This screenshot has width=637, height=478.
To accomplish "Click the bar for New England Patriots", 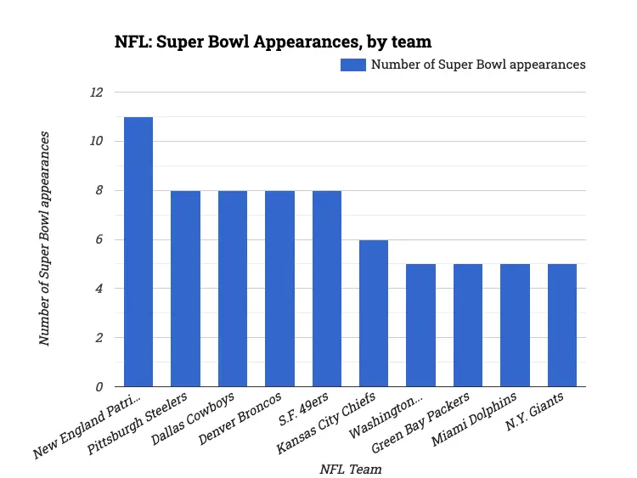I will [138, 252].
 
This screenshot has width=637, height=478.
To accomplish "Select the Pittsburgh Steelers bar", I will [185, 289].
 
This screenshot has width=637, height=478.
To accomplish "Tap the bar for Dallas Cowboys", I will [233, 289].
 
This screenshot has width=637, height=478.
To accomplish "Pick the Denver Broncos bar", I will [279, 289].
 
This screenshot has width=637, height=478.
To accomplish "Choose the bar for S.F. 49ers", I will [327, 289].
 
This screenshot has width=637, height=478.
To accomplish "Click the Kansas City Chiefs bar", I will [374, 313].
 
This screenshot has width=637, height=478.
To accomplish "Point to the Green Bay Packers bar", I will [468, 325].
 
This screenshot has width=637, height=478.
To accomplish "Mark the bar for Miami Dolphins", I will [515, 325].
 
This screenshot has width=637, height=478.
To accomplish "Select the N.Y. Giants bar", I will [562, 325].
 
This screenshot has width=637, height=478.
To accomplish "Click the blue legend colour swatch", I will [352, 65].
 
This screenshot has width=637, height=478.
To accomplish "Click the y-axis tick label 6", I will [99, 239].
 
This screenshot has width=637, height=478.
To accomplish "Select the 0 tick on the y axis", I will [99, 387].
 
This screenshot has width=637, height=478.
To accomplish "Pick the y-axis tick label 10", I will [96, 141].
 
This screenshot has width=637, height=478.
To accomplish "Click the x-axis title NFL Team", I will [350, 469].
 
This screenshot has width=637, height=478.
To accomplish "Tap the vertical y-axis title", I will [44, 239].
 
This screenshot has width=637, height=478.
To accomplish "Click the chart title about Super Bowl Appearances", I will [273, 42].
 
